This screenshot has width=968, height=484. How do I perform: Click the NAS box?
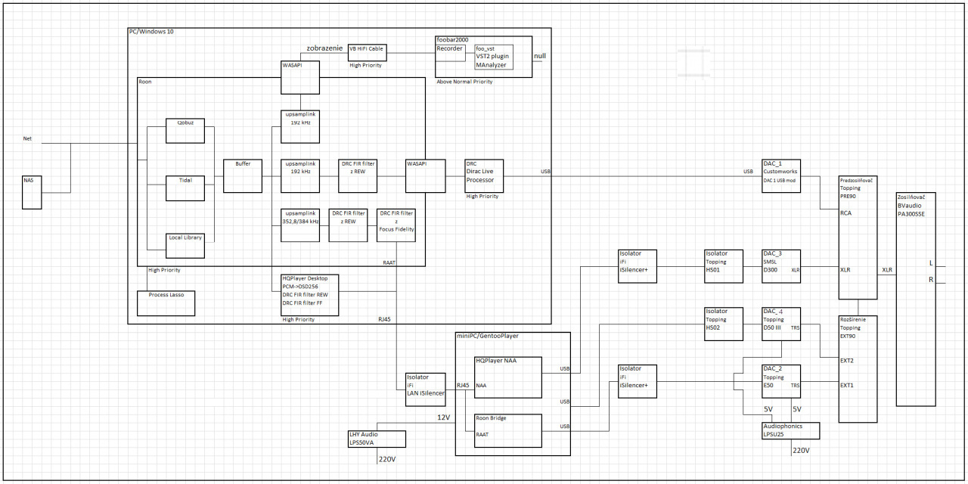(33, 192)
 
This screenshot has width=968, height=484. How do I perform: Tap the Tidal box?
(185, 188)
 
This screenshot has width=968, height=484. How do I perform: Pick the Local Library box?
(185, 242)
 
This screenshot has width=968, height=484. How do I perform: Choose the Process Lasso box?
(166, 302)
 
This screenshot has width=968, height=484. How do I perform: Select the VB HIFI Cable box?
(367, 52)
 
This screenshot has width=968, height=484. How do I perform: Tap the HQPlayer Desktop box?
(309, 295)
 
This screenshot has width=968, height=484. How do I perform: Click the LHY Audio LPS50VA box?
(376, 439)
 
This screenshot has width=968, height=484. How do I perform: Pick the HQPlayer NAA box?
(508, 376)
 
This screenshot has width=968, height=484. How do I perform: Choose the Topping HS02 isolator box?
(724, 324)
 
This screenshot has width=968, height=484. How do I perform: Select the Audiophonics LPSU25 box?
(791, 430)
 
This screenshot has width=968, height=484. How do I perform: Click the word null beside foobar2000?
(540, 56)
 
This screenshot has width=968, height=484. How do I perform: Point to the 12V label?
(443, 418)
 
